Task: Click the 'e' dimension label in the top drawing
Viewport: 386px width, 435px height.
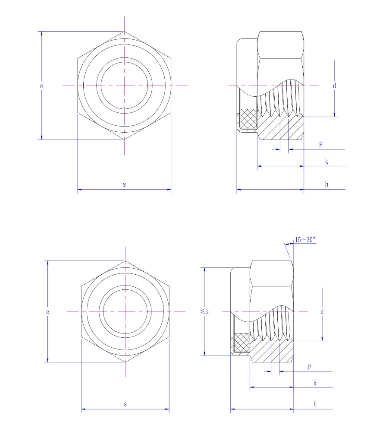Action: pos(42,86)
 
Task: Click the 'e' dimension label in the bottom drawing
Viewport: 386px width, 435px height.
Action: pos(47,311)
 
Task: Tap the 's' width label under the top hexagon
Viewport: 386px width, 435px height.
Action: pos(124,184)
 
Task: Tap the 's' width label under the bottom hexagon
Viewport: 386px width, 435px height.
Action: pos(125,404)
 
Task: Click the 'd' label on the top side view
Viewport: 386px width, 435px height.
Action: pos(334,86)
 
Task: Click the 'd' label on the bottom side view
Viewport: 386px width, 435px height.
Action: pos(322,311)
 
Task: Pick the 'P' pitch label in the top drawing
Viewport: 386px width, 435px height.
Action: pos(320,145)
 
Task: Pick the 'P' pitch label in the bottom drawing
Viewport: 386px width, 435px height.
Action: pos(309,367)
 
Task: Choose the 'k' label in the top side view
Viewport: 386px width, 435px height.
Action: pos(326,162)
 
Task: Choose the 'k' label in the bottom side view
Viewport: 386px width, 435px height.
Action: pos(315,383)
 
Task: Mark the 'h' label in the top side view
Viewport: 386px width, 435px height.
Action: pos(326,184)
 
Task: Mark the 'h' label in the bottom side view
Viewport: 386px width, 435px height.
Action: pos(315,404)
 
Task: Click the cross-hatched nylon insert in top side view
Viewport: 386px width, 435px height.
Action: pos(248,118)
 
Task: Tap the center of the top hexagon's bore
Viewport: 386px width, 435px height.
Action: pos(124,86)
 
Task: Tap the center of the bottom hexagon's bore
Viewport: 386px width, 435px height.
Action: pos(125,311)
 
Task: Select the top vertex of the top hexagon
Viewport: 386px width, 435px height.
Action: pos(124,32)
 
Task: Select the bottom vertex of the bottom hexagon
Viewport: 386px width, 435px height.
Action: pos(125,362)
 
